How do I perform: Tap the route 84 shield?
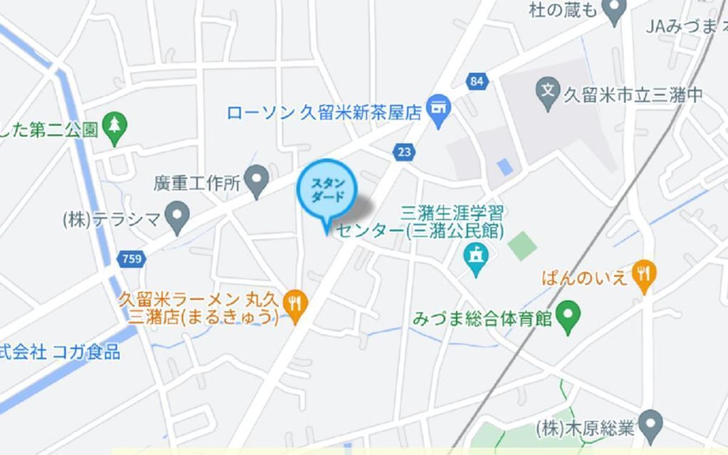click(x=477, y=81)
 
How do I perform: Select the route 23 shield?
click(x=404, y=151)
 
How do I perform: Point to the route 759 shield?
click(x=132, y=260)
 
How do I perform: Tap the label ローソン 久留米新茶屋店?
click(x=324, y=112)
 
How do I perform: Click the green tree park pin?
click(x=114, y=127)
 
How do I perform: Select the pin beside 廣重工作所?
click(x=259, y=179)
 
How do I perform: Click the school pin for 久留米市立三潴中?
click(x=548, y=93)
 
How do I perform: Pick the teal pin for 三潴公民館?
click(x=476, y=258)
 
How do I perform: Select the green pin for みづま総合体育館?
click(x=568, y=316)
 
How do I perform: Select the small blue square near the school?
click(x=504, y=167)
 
